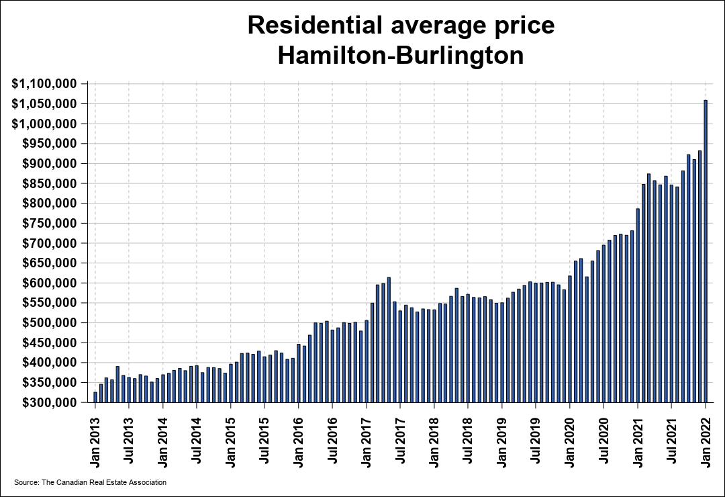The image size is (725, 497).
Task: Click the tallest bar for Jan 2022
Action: click(706, 251)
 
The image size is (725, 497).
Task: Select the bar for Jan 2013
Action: click(95, 397)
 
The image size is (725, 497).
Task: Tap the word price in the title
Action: click(523, 26)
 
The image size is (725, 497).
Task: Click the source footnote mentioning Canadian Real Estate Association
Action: click(90, 482)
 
